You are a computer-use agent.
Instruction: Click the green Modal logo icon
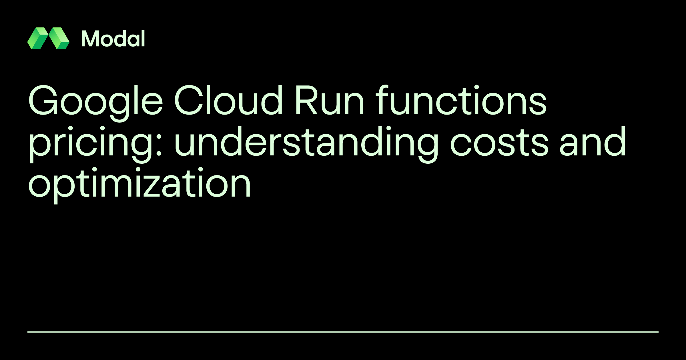(48, 38)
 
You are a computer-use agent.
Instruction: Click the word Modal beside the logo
(113, 39)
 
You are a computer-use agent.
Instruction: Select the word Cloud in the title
(228, 101)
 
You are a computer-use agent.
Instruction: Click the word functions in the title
(461, 101)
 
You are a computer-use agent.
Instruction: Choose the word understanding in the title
(306, 142)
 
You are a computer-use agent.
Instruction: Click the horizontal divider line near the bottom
(343, 332)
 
